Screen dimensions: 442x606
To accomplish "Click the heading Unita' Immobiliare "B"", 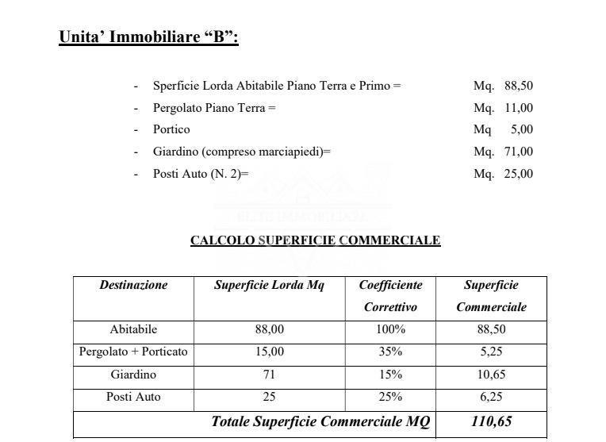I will [x=148, y=37].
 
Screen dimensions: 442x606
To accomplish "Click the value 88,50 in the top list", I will [x=518, y=85].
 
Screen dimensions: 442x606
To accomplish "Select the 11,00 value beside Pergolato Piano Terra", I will [x=518, y=107].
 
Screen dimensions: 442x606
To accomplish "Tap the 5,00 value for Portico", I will [x=521, y=129].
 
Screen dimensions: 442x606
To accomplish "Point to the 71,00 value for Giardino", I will [x=518, y=152].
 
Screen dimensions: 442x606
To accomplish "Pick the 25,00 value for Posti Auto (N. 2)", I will [x=518, y=174].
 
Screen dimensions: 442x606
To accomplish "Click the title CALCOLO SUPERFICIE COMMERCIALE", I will [x=315, y=240].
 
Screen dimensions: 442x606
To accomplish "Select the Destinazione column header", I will [x=133, y=285].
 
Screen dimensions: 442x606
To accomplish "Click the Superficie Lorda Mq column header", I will [x=269, y=285].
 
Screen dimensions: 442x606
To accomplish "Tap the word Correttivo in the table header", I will [x=390, y=306].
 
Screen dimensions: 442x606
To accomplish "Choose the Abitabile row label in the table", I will [x=133, y=329].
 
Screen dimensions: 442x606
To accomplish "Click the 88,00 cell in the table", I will [x=269, y=329].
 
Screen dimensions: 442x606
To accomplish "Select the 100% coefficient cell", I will [x=390, y=329].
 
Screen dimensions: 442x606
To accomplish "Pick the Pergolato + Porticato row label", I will [x=133, y=352].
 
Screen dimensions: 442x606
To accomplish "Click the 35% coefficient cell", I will [x=390, y=352].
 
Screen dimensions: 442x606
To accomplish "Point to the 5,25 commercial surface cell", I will [x=491, y=352].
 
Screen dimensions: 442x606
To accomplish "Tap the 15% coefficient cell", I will [x=390, y=375].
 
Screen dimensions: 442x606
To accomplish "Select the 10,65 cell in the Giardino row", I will [x=491, y=375].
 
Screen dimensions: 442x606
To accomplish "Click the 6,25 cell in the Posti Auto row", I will [x=491, y=397].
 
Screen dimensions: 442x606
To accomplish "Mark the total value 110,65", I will [x=491, y=421].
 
